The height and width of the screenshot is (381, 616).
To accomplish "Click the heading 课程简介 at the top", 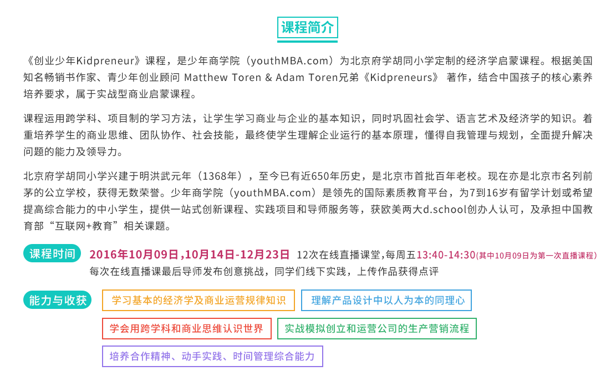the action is coord(307,28).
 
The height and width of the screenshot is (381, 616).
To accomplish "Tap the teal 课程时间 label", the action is coord(52,254).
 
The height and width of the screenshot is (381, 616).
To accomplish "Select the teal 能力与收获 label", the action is coord(57,300).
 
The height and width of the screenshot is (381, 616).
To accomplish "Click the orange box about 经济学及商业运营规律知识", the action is coord(198,301).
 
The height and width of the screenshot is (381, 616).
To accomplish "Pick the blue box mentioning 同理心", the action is coord(386,301).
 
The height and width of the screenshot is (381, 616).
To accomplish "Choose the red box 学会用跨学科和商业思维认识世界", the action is coord(187,328).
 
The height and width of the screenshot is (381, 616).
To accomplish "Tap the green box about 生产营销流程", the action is coord(376,328).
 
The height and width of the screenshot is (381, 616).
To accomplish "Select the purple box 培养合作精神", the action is coord(212,356).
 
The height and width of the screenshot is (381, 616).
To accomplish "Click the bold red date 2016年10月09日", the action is coord(134,255).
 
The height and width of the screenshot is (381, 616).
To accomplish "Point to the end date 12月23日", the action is coord(265,255).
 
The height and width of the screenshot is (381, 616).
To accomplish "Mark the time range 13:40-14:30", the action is coord(446,255).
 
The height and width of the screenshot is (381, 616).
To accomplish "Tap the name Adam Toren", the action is coord(307,78).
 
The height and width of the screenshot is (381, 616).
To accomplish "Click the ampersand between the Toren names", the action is coord(269,78).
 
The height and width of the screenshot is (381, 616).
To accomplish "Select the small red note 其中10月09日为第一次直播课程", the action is coord(536,256).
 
